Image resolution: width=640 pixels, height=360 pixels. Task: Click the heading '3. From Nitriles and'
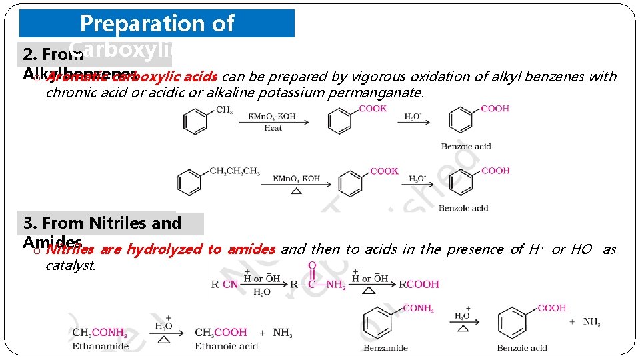(102, 223)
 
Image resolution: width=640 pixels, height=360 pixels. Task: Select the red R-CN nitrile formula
(225, 284)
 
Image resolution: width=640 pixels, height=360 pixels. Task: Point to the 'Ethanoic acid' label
(226, 346)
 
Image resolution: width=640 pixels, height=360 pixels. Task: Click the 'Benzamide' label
(385, 348)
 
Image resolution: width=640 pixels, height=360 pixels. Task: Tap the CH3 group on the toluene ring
(224, 110)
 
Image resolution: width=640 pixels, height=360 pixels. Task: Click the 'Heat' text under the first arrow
(273, 128)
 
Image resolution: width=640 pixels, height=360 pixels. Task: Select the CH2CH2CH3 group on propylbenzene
(235, 171)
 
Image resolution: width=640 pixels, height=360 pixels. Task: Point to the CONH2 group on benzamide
(419, 308)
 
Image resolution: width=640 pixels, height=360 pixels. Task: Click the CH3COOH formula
(221, 332)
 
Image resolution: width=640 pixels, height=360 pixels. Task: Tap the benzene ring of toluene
(195, 121)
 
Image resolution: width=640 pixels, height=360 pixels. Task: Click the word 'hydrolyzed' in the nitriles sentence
(165, 249)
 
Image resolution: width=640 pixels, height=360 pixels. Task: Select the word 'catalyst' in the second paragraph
(70, 265)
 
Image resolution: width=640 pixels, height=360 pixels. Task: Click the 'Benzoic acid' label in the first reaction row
(466, 147)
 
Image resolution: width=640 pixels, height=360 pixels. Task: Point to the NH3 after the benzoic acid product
(591, 322)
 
